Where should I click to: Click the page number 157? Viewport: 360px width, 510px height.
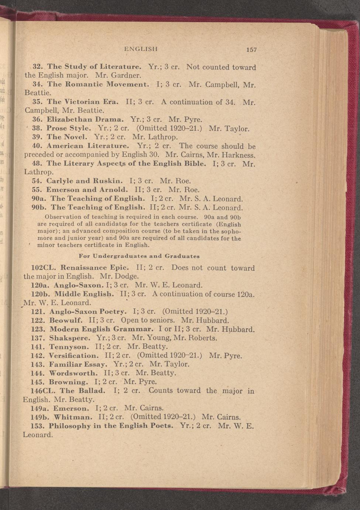point(251,50)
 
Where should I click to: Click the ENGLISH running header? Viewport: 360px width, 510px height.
point(141,48)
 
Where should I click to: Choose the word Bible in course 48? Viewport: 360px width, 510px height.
point(194,163)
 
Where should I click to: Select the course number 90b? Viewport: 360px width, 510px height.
point(39,208)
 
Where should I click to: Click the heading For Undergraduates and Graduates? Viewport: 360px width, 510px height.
point(140,256)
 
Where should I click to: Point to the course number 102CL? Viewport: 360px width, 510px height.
point(44,268)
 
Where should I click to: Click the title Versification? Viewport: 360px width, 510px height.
point(73,356)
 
